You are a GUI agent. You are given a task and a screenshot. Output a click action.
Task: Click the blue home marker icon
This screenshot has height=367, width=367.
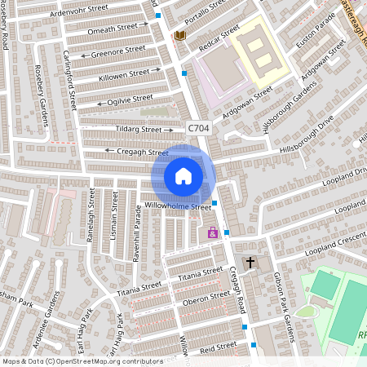click(183, 175)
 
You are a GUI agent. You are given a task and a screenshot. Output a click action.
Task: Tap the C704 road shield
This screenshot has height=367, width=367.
click(198, 128)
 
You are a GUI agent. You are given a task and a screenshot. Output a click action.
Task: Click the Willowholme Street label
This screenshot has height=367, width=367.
click(178, 206)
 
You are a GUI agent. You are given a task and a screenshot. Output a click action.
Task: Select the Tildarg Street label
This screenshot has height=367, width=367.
click(138, 129)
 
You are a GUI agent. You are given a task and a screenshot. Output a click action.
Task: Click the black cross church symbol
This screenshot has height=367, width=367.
click(250, 263)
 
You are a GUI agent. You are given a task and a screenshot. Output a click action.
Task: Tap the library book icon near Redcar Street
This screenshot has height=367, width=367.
click(179, 35)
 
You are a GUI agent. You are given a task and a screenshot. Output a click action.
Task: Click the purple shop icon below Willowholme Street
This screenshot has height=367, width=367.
click(213, 232)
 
